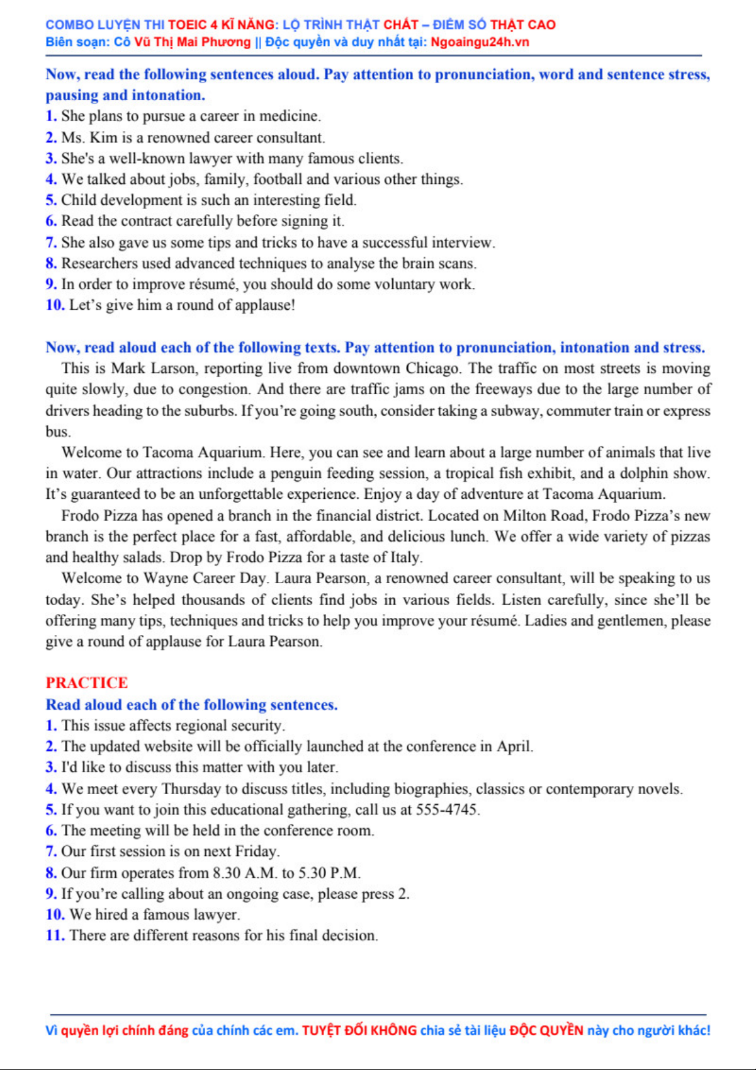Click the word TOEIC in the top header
pos(188,25)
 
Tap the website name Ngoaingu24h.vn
pos(480,42)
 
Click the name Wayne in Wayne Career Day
pos(165,579)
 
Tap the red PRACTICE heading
pos(87,683)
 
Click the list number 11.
pos(55,936)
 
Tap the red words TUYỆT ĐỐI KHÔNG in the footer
pos(359,1031)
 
